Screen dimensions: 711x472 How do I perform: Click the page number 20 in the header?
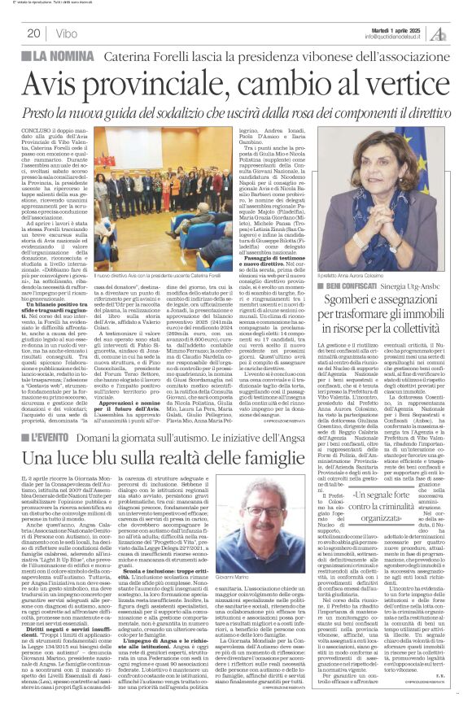(x=33, y=33)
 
